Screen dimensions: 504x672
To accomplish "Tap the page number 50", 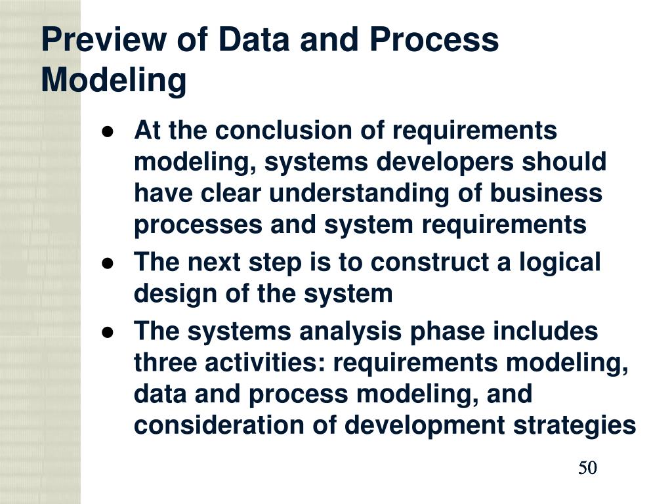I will point(587,468).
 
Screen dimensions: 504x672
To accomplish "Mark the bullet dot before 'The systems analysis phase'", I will point(109,332).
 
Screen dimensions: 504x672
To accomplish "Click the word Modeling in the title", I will point(114,81).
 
